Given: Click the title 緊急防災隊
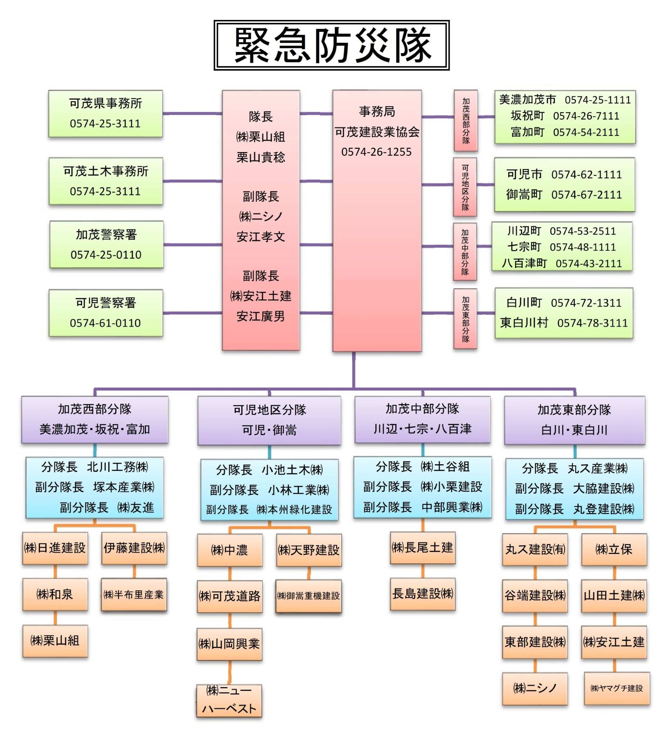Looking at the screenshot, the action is [332, 45].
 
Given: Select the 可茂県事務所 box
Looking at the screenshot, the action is [105, 113].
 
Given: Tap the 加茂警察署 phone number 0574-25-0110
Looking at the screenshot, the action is [106, 255].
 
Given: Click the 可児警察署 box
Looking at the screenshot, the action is [106, 313].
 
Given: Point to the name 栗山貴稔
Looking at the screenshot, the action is [261, 157].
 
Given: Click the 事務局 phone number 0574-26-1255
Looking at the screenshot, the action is [376, 152].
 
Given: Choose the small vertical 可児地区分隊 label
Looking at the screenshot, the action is [465, 187].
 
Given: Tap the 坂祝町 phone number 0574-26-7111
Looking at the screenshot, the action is [586, 116].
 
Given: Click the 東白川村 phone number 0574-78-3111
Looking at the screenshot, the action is [593, 323].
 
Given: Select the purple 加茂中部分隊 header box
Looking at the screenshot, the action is [422, 419].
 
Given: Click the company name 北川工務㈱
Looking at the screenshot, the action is [117, 467].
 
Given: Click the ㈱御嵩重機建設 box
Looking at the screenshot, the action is [308, 596].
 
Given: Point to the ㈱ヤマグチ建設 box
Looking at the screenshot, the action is [617, 688].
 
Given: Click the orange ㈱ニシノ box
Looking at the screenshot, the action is [535, 689].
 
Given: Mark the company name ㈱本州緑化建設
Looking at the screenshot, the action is [294, 510].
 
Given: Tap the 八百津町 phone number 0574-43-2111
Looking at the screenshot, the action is [589, 263].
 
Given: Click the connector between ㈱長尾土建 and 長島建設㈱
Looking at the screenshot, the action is [423, 571].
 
